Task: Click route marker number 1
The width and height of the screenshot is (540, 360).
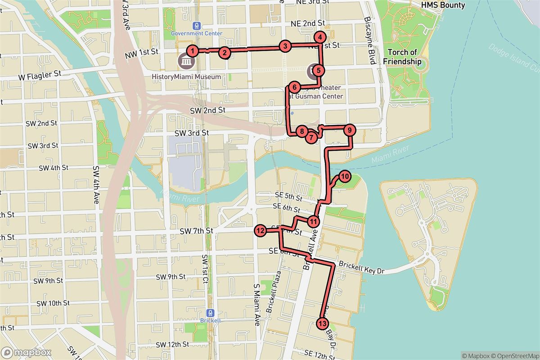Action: [x=192, y=50]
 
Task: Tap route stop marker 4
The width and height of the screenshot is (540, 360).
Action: [x=319, y=38]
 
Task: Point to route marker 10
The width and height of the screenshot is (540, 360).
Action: [x=344, y=176]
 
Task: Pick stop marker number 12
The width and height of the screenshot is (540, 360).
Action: [x=260, y=231]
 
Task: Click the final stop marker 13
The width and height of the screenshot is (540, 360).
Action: [x=322, y=323]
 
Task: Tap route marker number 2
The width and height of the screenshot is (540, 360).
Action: [x=225, y=53]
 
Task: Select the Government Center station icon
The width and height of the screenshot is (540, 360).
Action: [x=196, y=26]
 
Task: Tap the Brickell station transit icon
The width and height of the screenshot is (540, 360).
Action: [x=210, y=313]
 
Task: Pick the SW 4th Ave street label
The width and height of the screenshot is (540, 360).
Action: [x=96, y=184]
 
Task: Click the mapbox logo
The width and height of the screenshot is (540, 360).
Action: [x=26, y=352]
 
